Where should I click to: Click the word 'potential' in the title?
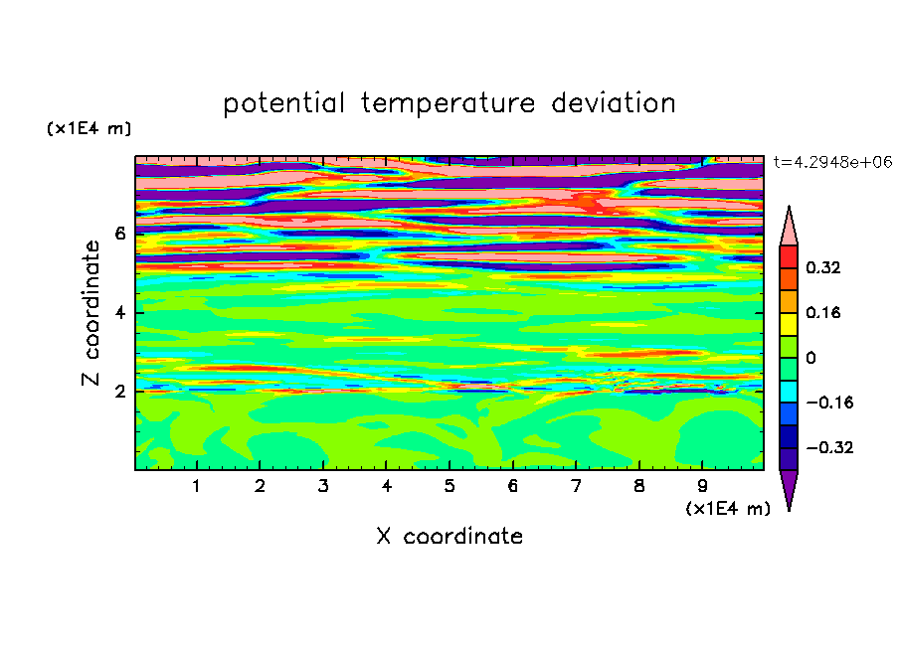click(x=283, y=104)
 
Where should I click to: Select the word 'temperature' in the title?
click(x=448, y=104)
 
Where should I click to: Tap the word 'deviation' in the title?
click(x=613, y=103)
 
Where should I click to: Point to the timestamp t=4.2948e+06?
click(x=832, y=162)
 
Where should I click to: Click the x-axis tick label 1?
click(x=197, y=486)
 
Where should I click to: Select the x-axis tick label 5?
click(x=449, y=486)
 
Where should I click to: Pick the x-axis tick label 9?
click(x=702, y=486)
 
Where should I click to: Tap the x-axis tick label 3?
click(x=323, y=486)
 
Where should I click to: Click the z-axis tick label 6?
click(x=119, y=234)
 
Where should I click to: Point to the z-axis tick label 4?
click(x=119, y=313)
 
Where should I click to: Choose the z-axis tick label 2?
click(x=119, y=392)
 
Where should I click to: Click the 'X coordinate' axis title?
click(x=449, y=536)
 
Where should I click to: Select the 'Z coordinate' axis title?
click(x=90, y=313)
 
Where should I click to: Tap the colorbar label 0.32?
click(x=822, y=267)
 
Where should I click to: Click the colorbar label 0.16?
click(x=822, y=312)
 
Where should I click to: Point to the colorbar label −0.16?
click(x=829, y=403)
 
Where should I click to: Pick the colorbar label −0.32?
click(x=829, y=447)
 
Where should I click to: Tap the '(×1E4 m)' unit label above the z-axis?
click(x=89, y=128)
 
